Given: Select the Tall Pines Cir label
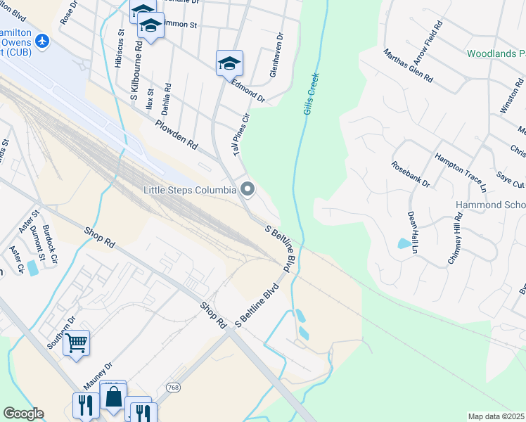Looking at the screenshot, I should [241, 134].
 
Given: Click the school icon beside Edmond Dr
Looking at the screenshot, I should [229, 63].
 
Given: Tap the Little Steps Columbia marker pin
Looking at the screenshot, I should [247, 188].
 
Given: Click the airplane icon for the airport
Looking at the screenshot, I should [41, 41].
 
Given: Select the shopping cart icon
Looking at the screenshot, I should [77, 343].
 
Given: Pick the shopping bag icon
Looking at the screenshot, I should [113, 396].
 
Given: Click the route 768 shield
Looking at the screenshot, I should [173, 388].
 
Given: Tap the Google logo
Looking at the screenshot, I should [24, 414].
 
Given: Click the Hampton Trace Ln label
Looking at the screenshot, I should [461, 173].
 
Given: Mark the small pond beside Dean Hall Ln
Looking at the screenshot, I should [404, 244].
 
